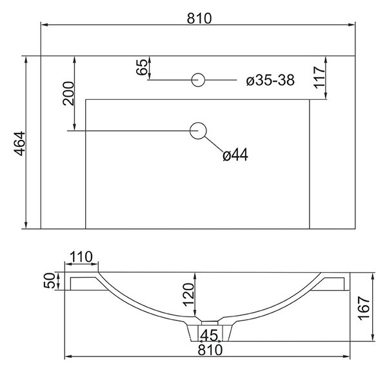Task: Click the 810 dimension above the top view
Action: click(x=199, y=19)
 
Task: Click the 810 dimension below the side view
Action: click(x=210, y=350)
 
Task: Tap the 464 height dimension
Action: click(x=19, y=144)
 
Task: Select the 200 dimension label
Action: click(x=68, y=93)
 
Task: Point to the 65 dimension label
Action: click(x=142, y=67)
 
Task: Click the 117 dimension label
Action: click(x=319, y=77)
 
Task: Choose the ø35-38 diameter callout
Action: click(x=270, y=81)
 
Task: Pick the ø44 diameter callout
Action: click(x=235, y=155)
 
